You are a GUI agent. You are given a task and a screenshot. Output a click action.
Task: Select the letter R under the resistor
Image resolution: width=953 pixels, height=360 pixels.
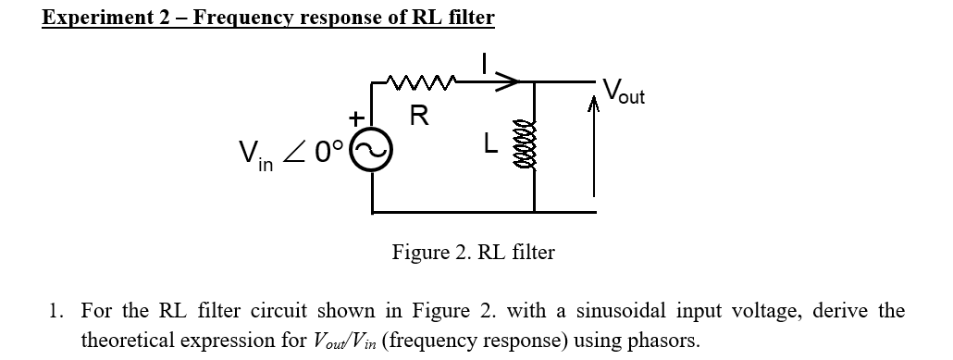[x=418, y=117]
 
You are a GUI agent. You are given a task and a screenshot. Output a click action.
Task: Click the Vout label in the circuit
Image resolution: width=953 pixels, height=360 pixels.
[x=624, y=92]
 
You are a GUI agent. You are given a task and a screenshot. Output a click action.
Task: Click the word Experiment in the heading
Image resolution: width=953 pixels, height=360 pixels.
[x=96, y=18]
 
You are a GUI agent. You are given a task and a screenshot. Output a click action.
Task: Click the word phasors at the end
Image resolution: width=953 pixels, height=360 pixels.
[x=662, y=340]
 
